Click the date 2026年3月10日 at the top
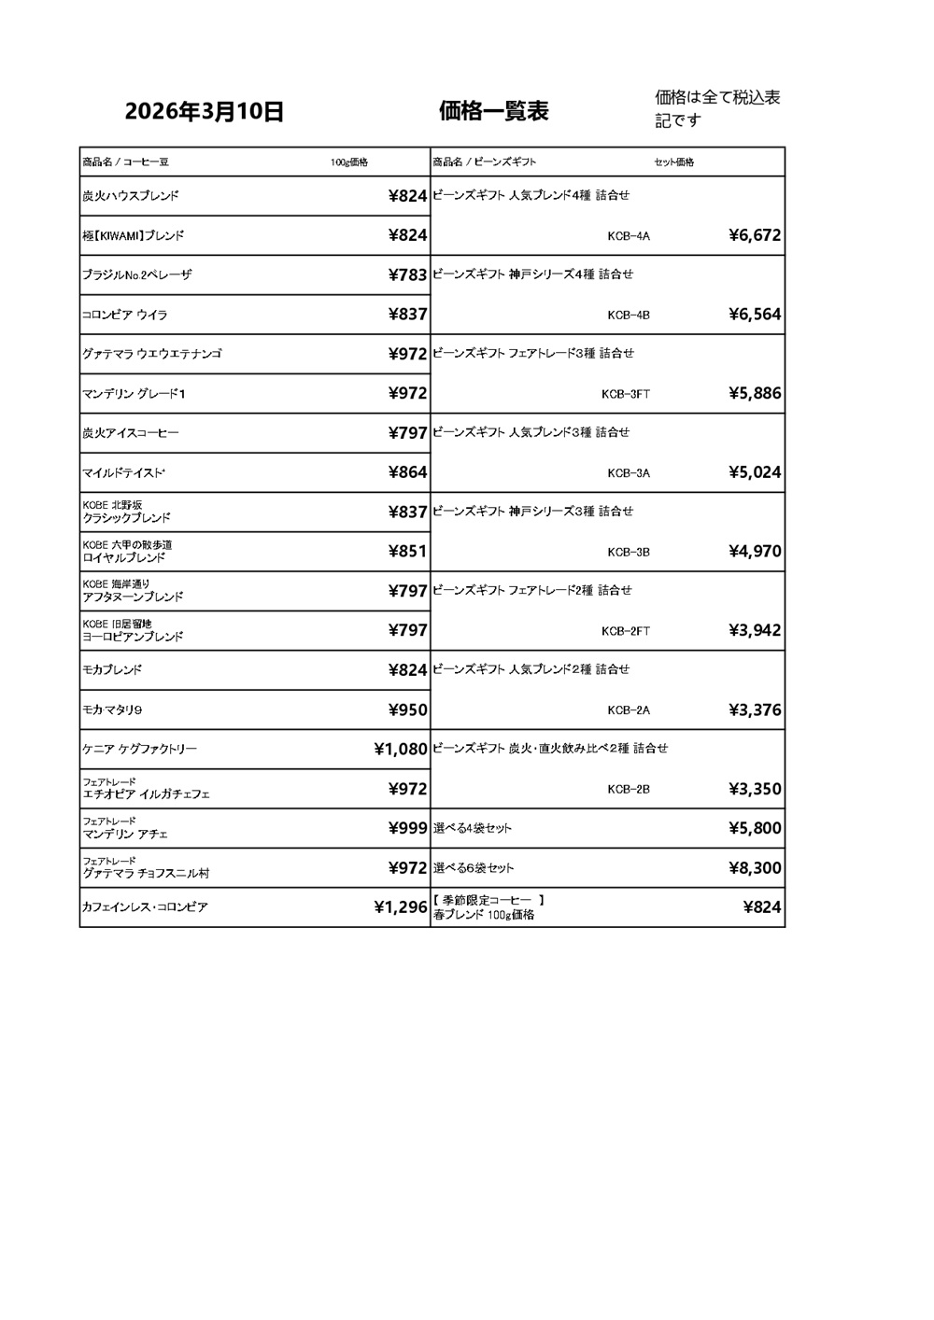coord(205,112)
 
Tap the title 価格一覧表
coord(494,111)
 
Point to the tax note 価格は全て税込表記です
coord(717,108)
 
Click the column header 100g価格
coord(349,162)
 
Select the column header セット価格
coord(673,162)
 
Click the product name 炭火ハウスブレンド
coord(130,196)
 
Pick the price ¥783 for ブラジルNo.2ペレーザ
coord(407,274)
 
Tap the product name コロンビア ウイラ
coord(125,315)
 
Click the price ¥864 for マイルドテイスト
coord(407,472)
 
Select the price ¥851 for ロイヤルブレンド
coord(407,551)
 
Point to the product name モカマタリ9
coord(112,709)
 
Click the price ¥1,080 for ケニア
coord(400,749)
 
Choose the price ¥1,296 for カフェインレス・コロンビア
coord(400,906)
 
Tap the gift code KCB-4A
coord(628,236)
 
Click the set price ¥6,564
coord(754,315)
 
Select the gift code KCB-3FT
coord(626,394)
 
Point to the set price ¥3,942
coord(754,630)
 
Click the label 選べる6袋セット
coord(474,868)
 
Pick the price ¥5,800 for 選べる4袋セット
coord(754,828)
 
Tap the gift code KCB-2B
coord(628,789)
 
